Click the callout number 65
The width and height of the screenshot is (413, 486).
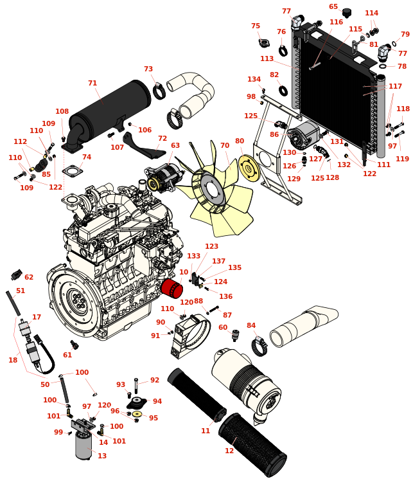click(333, 7)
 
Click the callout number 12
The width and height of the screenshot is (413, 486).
click(229, 451)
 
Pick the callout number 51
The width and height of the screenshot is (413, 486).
click(21, 291)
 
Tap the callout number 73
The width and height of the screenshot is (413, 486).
click(148, 69)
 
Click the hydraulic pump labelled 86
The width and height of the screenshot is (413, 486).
click(303, 137)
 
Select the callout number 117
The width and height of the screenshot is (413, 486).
click(395, 86)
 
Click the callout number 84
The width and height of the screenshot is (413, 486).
click(250, 325)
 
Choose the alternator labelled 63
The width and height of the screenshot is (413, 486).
click(164, 177)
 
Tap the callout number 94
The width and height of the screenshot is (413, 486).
click(157, 401)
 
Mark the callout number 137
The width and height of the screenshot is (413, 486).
click(219, 261)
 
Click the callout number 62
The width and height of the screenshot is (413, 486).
click(29, 277)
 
